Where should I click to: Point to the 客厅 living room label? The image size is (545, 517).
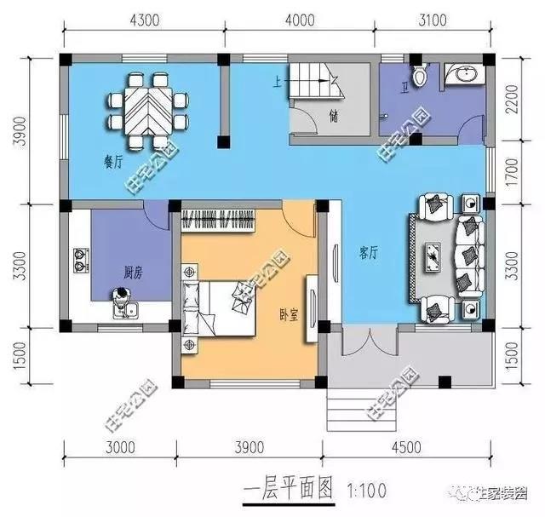pyautogui.click(x=369, y=251)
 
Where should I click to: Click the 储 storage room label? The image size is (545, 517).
pyautogui.click(x=333, y=117)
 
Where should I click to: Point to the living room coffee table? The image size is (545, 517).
pyautogui.click(x=435, y=254)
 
